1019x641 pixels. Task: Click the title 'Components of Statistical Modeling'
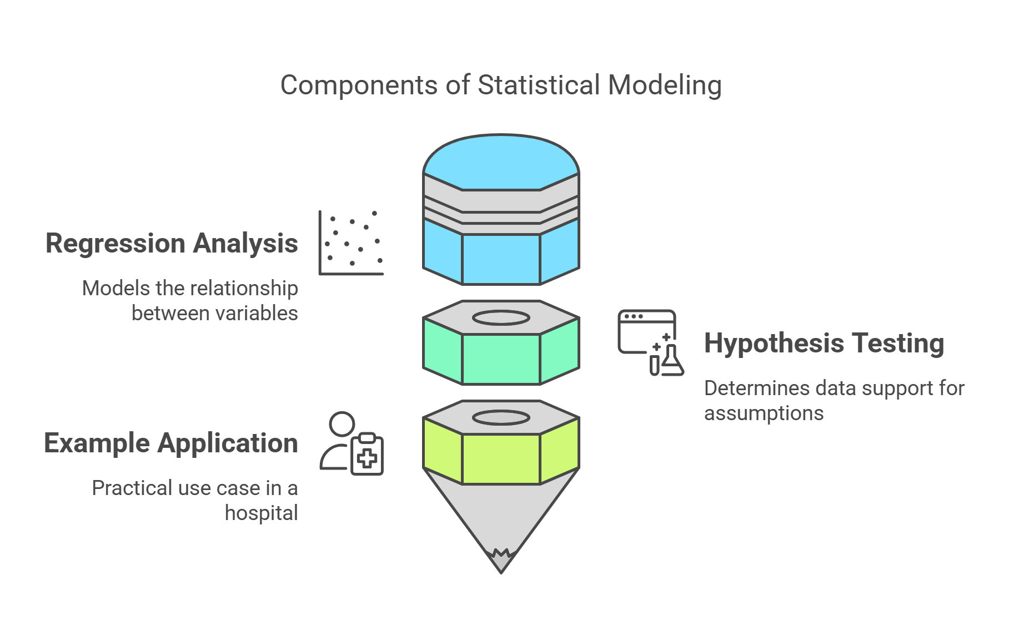(x=500, y=85)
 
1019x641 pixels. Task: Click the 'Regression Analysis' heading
(x=172, y=243)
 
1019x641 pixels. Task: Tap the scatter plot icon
(x=351, y=243)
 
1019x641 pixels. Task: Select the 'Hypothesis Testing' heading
(x=824, y=343)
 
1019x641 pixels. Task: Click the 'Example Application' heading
(x=171, y=443)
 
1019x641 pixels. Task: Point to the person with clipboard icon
(x=351, y=443)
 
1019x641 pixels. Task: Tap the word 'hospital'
(x=261, y=513)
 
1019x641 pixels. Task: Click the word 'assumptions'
(x=764, y=413)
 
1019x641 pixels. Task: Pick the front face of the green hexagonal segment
(x=501, y=359)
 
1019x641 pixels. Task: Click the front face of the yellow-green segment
(x=501, y=459)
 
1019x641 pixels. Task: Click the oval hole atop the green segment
(x=501, y=317)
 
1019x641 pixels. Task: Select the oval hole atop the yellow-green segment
(x=501, y=417)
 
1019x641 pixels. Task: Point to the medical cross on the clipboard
(x=367, y=458)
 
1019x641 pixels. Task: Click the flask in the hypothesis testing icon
(x=672, y=362)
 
